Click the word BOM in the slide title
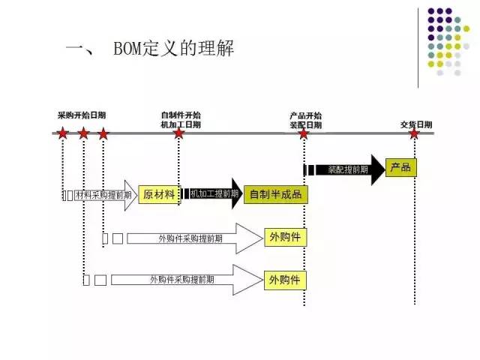pyautogui.click(x=129, y=50)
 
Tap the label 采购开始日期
pyautogui.click(x=82, y=115)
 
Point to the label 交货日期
pyautogui.click(x=415, y=124)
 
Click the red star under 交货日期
pyautogui.click(x=414, y=133)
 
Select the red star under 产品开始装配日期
pyautogui.click(x=304, y=133)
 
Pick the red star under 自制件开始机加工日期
pyautogui.click(x=178, y=133)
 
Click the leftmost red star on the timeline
pyautogui.click(x=63, y=133)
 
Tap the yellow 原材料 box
pyautogui.click(x=159, y=194)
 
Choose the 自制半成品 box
pyautogui.click(x=275, y=194)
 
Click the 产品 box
pyautogui.click(x=400, y=166)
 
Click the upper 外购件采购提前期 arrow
pyautogui.click(x=192, y=238)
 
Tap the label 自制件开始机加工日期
pyautogui.click(x=181, y=120)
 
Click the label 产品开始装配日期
pyautogui.click(x=306, y=120)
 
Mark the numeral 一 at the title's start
pyautogui.click(x=77, y=50)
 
